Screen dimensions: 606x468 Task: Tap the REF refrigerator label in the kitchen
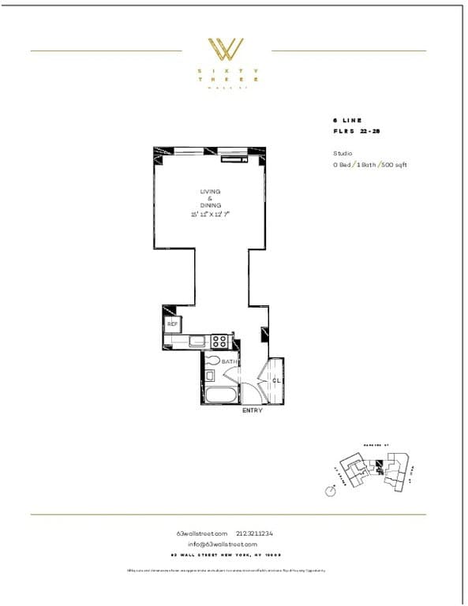(172, 324)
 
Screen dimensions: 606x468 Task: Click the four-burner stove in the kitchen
(219, 341)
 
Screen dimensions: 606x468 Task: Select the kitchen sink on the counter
(194, 342)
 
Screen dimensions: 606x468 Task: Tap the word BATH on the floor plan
(229, 361)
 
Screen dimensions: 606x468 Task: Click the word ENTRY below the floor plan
(252, 410)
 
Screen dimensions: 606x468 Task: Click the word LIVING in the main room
(209, 191)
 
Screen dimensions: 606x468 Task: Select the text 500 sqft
(394, 164)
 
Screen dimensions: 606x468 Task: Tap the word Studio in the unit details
(343, 153)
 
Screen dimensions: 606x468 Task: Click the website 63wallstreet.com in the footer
(202, 533)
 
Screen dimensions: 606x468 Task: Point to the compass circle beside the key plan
(331, 490)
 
